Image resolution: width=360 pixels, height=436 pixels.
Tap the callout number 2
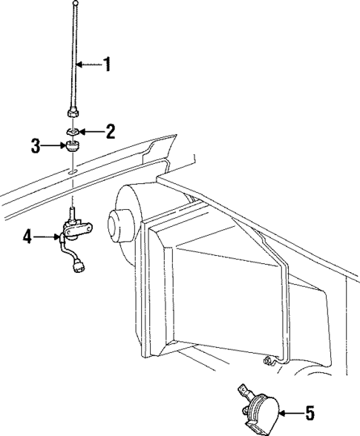click(x=111, y=132)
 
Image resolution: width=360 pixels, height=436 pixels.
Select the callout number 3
click(x=36, y=146)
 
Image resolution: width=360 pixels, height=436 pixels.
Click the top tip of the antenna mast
click(x=76, y=4)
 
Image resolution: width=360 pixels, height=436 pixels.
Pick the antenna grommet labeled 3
click(x=73, y=145)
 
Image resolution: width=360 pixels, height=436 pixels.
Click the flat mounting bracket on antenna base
click(x=76, y=233)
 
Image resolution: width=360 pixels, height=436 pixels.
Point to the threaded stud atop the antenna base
click(x=73, y=214)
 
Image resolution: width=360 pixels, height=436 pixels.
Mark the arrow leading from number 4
click(x=46, y=237)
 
